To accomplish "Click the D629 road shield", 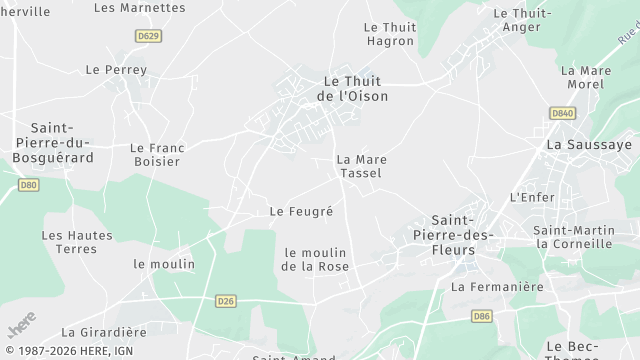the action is click(x=148, y=36).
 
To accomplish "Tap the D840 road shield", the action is click(x=562, y=114).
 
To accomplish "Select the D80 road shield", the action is click(x=28, y=185).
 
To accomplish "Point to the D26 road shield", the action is click(x=225, y=300).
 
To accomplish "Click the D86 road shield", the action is click(x=482, y=316).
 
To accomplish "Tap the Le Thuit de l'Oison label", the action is click(x=352, y=88).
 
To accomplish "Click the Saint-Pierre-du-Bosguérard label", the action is click(x=62, y=143).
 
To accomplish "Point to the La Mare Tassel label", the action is click(x=361, y=166).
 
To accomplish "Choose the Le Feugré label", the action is click(x=301, y=212).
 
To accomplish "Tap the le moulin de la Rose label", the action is click(x=316, y=259).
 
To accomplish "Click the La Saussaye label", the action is click(x=589, y=145).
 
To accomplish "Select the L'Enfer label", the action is click(x=532, y=197).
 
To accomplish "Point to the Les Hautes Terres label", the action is click(x=77, y=242).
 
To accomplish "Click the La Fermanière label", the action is click(x=497, y=287).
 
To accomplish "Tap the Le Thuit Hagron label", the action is click(x=389, y=34).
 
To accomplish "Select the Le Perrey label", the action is click(x=116, y=70).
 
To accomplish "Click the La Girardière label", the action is click(x=104, y=332).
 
